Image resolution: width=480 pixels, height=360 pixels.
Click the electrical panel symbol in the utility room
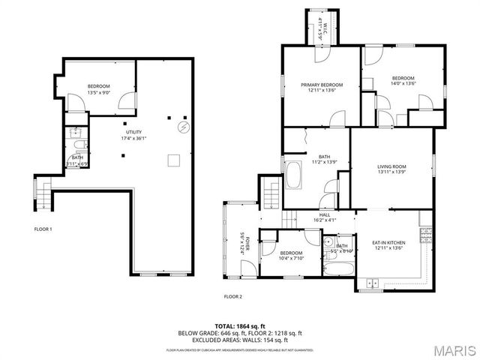(x=181, y=127)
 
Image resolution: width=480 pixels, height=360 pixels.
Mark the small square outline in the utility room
(x=173, y=160)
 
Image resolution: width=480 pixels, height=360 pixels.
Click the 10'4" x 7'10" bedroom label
(x=291, y=256)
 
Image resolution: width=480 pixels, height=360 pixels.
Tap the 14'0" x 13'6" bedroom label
(x=403, y=80)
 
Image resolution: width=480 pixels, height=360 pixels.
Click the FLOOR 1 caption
(x=43, y=229)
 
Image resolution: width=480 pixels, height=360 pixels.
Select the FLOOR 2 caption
(x=233, y=296)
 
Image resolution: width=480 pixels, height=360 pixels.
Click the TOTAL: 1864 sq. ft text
(x=238, y=326)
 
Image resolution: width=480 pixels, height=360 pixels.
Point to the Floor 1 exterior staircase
(x=43, y=194)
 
